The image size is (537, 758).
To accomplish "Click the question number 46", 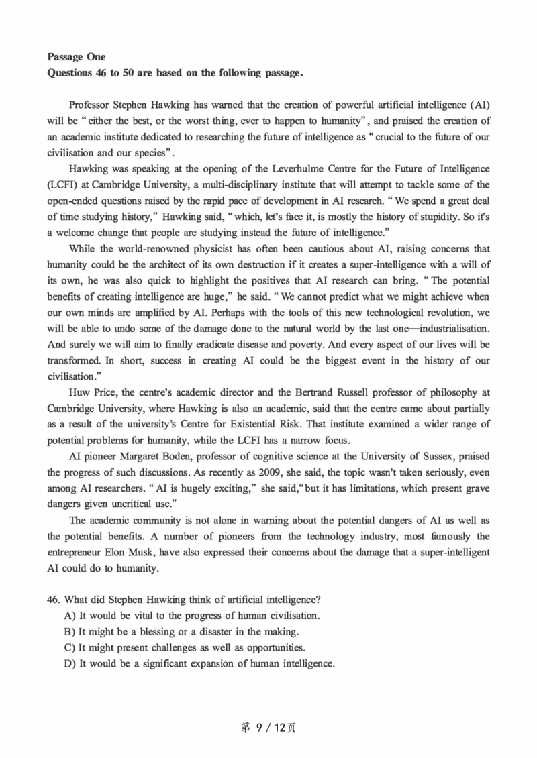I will click(54, 599).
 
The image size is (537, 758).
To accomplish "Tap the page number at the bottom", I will click(268, 727).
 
